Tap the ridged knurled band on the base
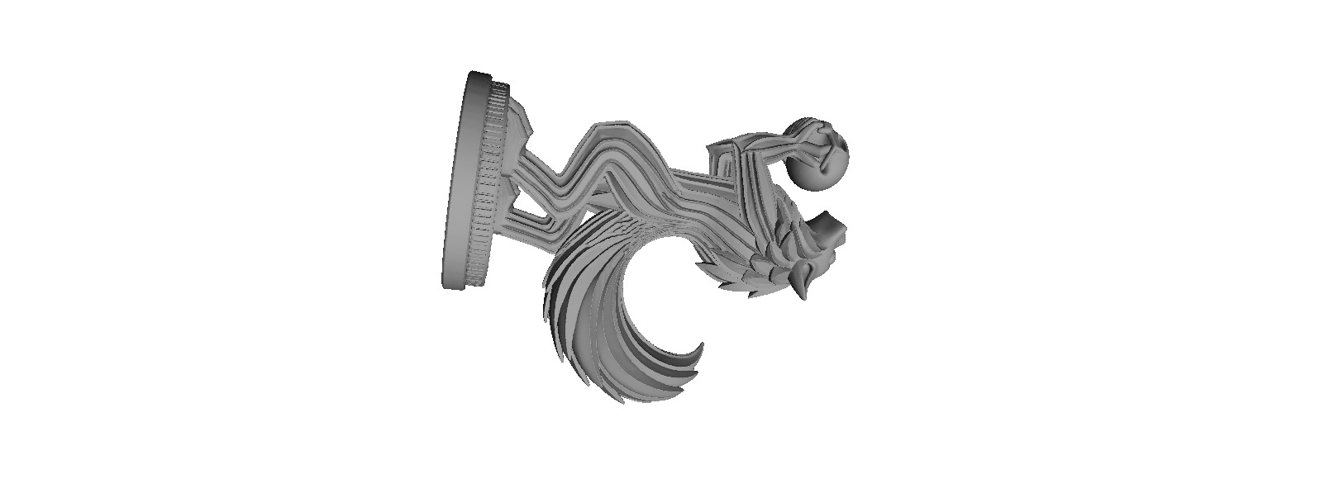pos(488,182)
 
